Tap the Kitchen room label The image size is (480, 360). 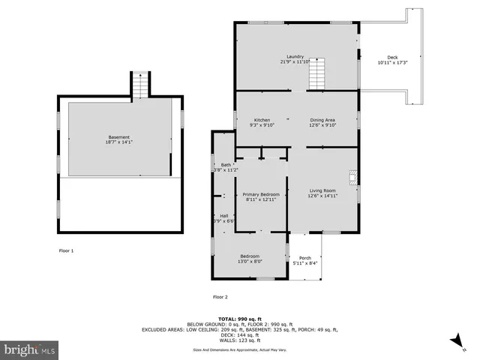(x=262, y=120)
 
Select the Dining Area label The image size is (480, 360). (x=322, y=120)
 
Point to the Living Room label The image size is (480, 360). (x=323, y=190)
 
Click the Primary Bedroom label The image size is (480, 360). (x=261, y=194)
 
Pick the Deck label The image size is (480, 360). (x=392, y=58)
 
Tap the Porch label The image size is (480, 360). (x=305, y=258)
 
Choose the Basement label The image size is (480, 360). (x=118, y=137)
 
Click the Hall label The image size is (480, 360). (x=223, y=215)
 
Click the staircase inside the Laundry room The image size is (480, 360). (x=319, y=74)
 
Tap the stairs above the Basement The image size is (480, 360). (x=140, y=85)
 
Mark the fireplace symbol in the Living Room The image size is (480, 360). (x=352, y=178)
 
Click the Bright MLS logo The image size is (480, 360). (x=30, y=349)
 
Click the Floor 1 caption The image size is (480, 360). (x=67, y=250)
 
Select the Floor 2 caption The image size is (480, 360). (x=220, y=297)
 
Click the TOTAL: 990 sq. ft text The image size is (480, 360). (x=239, y=318)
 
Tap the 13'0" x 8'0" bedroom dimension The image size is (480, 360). (x=250, y=262)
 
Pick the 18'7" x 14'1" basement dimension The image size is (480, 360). (x=118, y=142)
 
